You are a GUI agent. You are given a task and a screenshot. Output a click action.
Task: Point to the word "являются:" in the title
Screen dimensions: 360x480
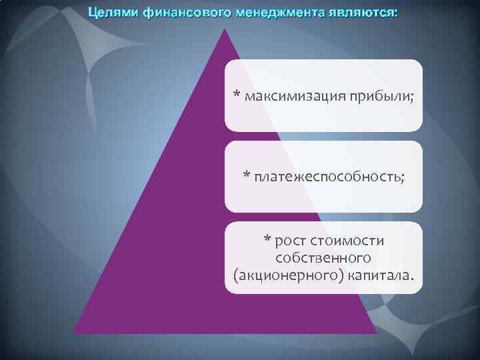pyautogui.click(x=359, y=13)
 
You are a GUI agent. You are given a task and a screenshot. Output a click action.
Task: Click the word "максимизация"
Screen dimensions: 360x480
pyautogui.click(x=293, y=97)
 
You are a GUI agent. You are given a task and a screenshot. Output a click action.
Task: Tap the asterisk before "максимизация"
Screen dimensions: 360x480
pyautogui.click(x=237, y=95)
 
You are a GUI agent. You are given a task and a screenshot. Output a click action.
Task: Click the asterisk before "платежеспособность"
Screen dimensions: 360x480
pyautogui.click(x=246, y=175)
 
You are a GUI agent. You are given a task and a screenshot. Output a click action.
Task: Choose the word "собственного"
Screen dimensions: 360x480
pyautogui.click(x=323, y=257)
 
